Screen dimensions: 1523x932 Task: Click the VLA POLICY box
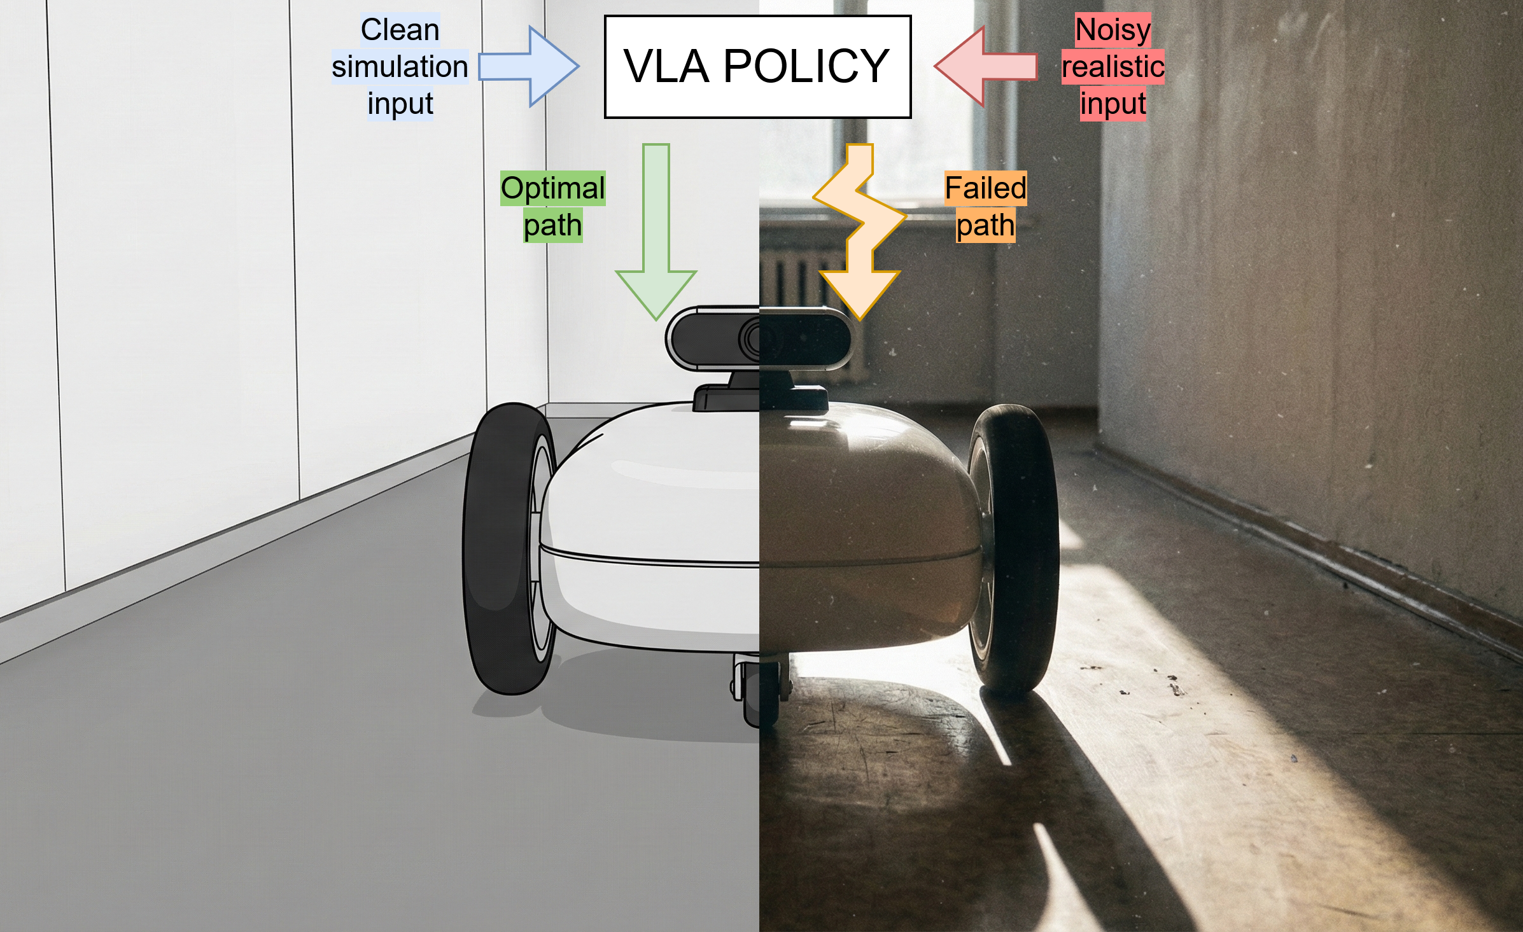coord(757,67)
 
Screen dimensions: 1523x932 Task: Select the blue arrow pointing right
coord(528,67)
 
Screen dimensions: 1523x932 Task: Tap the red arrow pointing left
coord(985,66)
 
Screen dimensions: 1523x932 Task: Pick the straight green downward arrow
coord(656,232)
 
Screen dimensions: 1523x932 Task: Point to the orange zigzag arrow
coord(860,232)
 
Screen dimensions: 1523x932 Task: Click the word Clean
coord(400,30)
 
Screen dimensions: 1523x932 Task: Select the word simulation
coord(400,67)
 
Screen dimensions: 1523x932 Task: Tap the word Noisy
coord(1113,30)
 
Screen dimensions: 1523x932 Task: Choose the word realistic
coord(1113,67)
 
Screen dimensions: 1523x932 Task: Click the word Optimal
coord(552,188)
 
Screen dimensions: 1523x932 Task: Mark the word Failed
coord(985,188)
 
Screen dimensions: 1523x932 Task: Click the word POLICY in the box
coord(806,67)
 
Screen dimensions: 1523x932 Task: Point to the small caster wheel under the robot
coord(757,693)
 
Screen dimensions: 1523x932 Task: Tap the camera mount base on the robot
coord(761,398)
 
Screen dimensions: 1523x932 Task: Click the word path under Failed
coord(985,226)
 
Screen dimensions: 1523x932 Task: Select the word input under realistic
coord(1113,104)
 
